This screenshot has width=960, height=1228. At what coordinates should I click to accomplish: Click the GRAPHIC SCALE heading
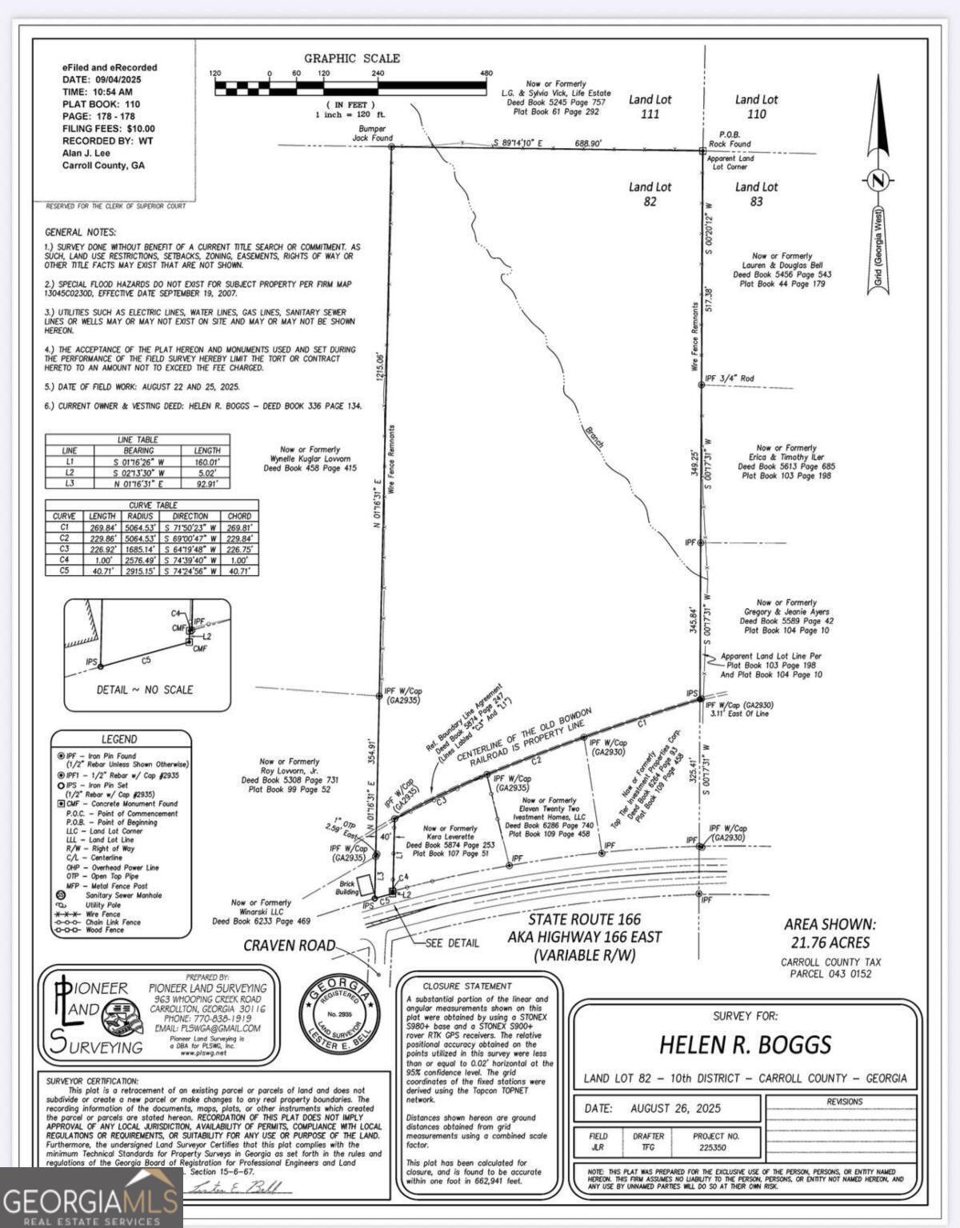pos(351,58)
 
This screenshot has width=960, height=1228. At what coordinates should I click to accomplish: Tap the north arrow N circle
pos(878,180)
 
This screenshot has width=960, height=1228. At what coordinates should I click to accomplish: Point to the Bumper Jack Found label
pos(373,133)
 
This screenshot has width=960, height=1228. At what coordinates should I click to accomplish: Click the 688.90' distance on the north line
pos(588,143)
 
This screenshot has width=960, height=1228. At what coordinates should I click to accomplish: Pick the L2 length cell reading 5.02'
pos(206,472)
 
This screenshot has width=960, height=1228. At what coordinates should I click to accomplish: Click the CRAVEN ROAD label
pos(290,946)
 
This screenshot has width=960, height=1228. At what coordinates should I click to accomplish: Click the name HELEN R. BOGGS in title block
pos(745,1045)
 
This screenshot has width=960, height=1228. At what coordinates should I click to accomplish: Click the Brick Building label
pos(347,888)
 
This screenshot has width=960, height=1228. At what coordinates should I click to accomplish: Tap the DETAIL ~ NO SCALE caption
pos(145,690)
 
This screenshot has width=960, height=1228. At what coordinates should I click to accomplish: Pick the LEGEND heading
pos(118,739)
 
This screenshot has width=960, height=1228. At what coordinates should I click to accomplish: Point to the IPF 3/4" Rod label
pos(729,378)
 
